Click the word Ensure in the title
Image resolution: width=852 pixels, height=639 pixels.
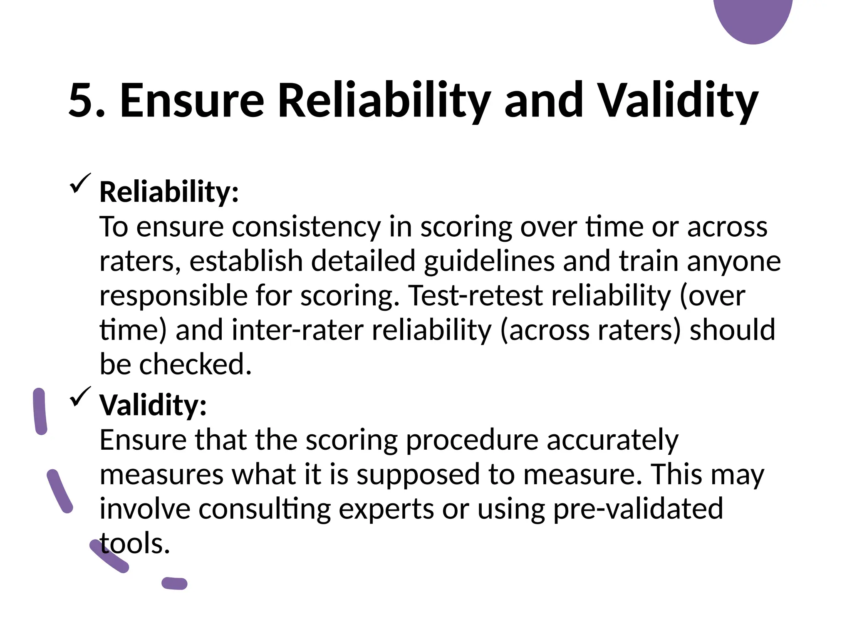click(192, 100)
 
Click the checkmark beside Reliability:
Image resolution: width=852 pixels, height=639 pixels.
click(80, 183)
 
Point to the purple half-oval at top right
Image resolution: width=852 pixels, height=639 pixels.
click(753, 19)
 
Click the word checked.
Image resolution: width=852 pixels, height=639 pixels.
click(196, 364)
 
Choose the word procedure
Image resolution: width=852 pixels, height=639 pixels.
click(472, 440)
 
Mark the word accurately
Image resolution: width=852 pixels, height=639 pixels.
click(612, 440)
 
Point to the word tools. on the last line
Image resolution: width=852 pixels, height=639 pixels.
click(135, 543)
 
